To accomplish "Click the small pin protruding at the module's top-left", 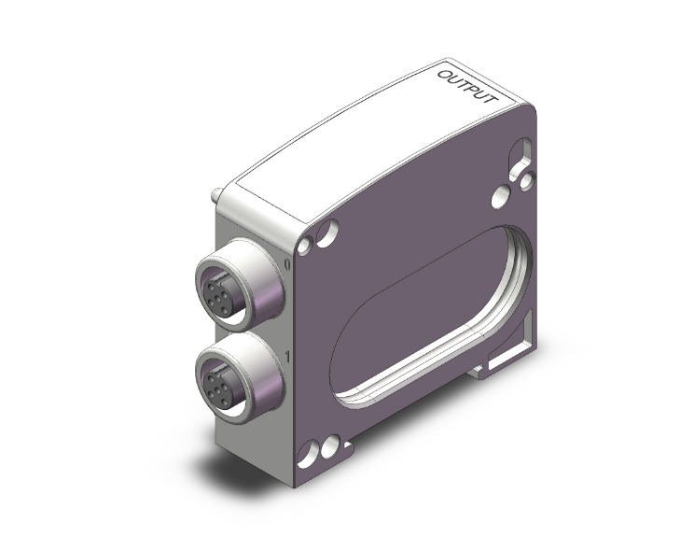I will pyautogui.click(x=215, y=196).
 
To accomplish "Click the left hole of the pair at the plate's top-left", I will pyautogui.click(x=307, y=247).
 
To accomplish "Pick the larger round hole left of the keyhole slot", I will pyautogui.click(x=500, y=195).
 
